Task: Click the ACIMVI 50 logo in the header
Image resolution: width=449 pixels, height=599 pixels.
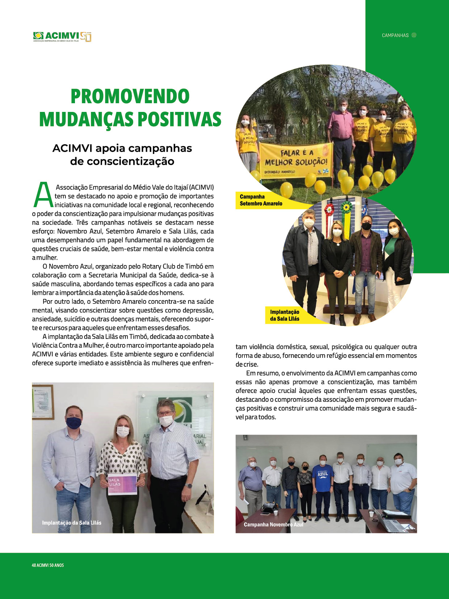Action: [62, 37]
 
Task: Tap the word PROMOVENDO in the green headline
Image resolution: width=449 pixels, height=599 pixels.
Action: [130, 96]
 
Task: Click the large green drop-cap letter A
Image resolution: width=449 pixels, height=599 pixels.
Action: [43, 195]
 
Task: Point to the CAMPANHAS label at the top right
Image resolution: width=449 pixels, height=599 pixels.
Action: [395, 35]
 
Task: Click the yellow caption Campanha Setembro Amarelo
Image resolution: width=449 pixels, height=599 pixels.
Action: [261, 200]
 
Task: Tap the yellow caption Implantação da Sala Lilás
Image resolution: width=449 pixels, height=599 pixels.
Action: [285, 315]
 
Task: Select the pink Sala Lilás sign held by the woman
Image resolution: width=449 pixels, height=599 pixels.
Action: [122, 484]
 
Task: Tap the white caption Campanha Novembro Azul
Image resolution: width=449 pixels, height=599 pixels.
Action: [273, 524]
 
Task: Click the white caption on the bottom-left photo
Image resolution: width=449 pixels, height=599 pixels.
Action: [72, 523]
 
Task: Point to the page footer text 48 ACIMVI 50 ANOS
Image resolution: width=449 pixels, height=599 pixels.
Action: [48, 565]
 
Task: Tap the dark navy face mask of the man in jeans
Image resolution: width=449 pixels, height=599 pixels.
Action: [74, 423]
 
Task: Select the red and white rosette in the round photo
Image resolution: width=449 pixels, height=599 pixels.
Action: [329, 210]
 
